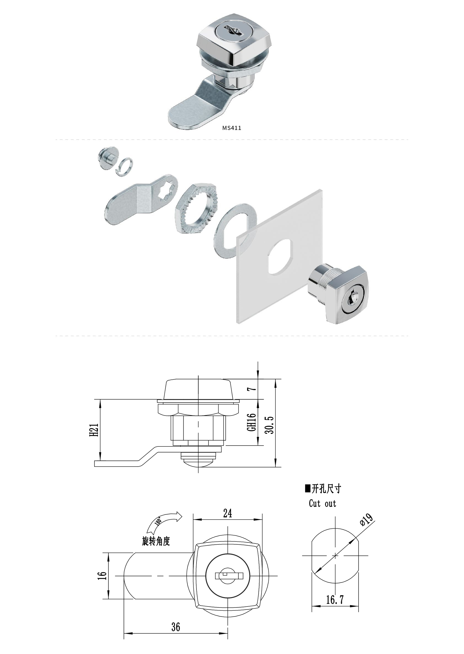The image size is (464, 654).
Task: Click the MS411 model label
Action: click(x=232, y=128)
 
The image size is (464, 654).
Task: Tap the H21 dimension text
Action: click(x=94, y=430)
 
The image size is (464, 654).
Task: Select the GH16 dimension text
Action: click(x=251, y=422)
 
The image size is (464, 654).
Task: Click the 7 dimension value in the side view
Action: click(x=252, y=389)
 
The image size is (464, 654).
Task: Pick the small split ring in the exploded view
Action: click(x=125, y=167)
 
